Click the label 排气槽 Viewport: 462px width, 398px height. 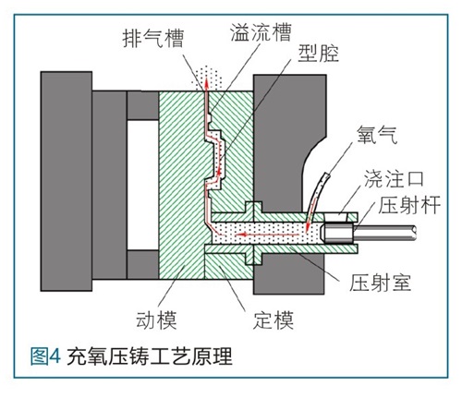(152, 39)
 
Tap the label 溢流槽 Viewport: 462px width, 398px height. (261, 32)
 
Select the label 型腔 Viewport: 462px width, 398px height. (318, 54)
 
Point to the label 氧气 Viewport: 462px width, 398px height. (377, 135)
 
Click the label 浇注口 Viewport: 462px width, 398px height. (394, 178)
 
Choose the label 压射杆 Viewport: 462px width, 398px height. (409, 204)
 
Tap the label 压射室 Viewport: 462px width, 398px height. (380, 283)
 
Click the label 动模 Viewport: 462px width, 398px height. (156, 320)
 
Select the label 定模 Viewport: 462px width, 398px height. (274, 320)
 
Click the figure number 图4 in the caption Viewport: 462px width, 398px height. (45, 356)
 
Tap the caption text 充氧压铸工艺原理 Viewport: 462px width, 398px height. (150, 356)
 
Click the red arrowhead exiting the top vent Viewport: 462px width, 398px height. (206, 82)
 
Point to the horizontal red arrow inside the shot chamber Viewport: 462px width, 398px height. (267, 235)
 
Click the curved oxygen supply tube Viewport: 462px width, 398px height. (317, 196)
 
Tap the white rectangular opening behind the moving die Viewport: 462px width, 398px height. (143, 185)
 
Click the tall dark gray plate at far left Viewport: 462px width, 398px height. (67, 181)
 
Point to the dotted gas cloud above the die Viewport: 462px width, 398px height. (206, 78)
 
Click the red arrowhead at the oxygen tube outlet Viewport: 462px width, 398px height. (307, 228)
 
